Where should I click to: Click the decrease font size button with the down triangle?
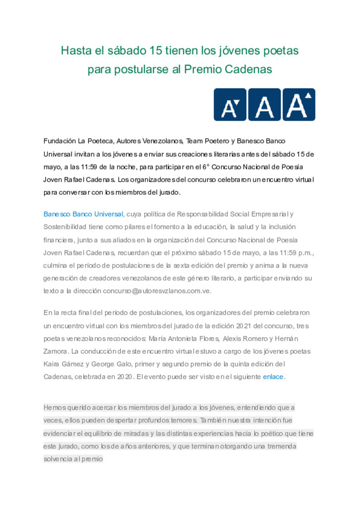pyautogui.click(x=230, y=105)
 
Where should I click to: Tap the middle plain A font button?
pyautogui.click(x=265, y=105)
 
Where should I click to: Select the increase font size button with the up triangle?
pyautogui.click(x=299, y=105)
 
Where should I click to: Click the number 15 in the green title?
pyautogui.click(x=156, y=51)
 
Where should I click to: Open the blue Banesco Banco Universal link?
pyautogui.click(x=83, y=214)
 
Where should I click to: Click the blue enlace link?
pyautogui.click(x=273, y=377)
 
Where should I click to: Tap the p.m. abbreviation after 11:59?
pyautogui.click(x=305, y=253)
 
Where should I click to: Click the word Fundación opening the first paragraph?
pyautogui.click(x=60, y=141)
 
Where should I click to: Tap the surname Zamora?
pyautogui.click(x=55, y=352)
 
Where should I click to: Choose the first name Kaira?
pyautogui.click(x=51, y=364)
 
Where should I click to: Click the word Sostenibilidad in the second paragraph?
pyautogui.click(x=65, y=227)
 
